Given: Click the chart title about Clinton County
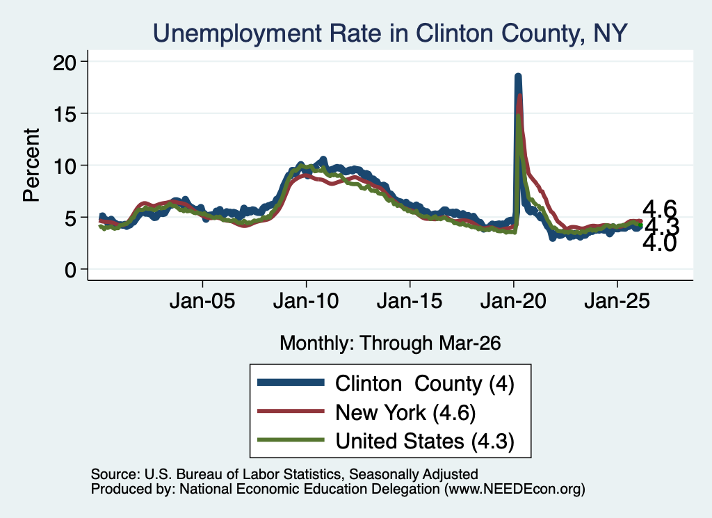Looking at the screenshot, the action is click(390, 33).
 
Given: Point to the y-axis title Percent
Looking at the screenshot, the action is click(31, 165).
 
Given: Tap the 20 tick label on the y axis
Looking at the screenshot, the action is click(64, 62).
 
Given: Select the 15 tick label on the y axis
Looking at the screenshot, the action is click(64, 113).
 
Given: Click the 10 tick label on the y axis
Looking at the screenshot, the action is click(64, 165).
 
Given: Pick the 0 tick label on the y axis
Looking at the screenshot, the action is click(70, 270).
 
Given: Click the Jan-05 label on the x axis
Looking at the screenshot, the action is click(202, 301).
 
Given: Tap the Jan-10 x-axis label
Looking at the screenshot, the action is click(306, 301).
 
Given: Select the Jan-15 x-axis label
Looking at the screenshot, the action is click(410, 301).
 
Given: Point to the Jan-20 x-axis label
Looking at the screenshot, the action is click(513, 301).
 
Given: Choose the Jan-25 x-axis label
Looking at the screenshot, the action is click(617, 301).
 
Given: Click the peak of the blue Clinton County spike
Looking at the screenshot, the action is click(517, 76).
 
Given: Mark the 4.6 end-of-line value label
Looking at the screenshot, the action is click(660, 209).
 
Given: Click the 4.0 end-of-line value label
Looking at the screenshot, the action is click(660, 243).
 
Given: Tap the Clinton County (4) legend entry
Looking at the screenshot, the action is click(425, 384).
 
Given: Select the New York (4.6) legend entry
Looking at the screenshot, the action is click(405, 413).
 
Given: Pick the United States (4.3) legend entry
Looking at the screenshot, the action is click(425, 442).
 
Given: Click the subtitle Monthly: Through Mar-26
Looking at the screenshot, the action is click(390, 343).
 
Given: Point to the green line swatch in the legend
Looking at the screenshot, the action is click(291, 440).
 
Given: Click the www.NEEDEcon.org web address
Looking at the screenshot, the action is click(515, 489).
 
